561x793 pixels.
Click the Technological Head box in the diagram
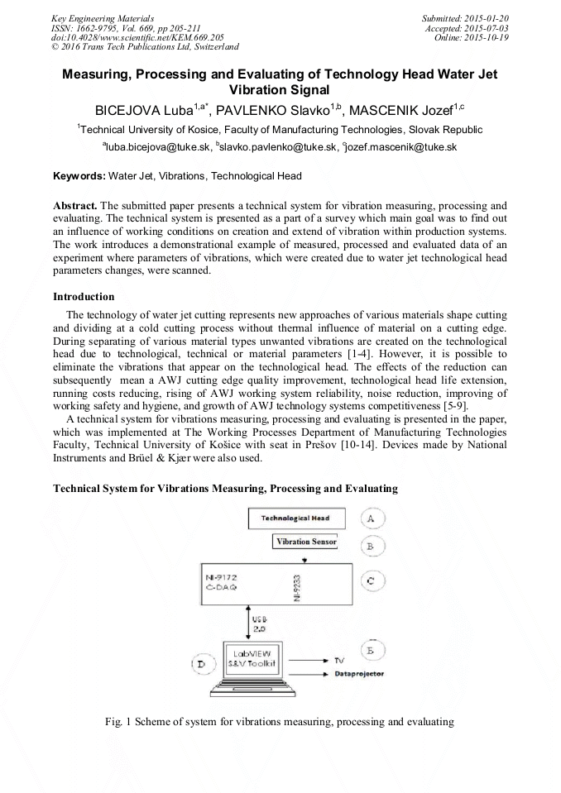coord(295,518)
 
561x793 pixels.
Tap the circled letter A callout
coord(371,518)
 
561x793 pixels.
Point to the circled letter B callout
coord(371,547)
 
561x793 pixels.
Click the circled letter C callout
coord(371,581)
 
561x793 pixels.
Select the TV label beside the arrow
coord(340,661)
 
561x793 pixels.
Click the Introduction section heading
coord(84,296)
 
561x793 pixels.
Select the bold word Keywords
coord(79,176)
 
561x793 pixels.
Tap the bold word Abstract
coord(75,204)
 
